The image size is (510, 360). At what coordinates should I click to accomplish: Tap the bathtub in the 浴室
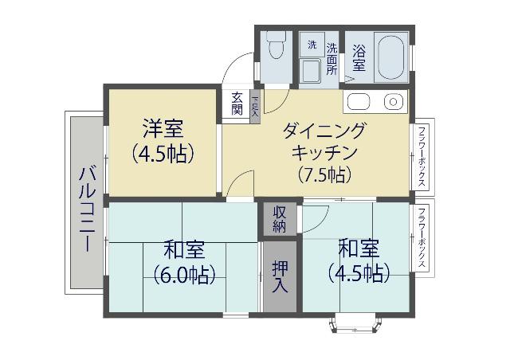point(390,57)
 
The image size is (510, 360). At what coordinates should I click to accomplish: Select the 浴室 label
point(359,57)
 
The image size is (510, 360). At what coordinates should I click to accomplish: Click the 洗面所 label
point(331,57)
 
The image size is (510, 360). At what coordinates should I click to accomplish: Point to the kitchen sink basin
point(356,102)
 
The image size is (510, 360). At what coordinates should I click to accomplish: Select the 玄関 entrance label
point(237,104)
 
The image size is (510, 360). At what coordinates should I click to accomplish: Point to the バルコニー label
point(87,209)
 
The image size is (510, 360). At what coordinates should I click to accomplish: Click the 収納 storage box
point(280,218)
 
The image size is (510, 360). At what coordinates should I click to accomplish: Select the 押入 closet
point(280,275)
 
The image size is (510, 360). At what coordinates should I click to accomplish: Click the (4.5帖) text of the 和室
point(358,272)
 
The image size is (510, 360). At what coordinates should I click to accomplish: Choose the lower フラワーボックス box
point(422,238)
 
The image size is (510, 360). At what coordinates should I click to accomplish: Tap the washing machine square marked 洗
point(312,45)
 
